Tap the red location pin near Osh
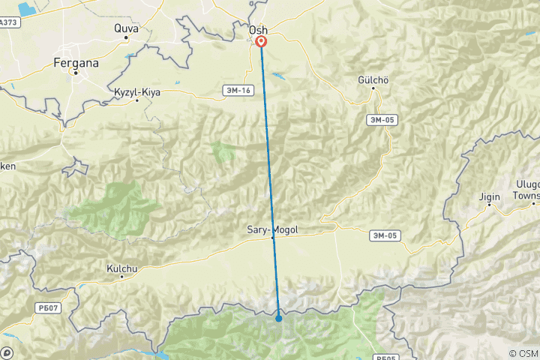[x=261, y=41]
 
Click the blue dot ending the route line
[x=279, y=318]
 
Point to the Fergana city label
[x=76, y=64]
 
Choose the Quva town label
[x=126, y=28]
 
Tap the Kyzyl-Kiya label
[x=137, y=92]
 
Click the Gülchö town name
[x=373, y=79]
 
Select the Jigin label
[x=490, y=196]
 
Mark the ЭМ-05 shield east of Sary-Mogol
[x=385, y=236]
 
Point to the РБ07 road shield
[x=46, y=307]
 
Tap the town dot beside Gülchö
[x=373, y=88]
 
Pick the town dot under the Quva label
[x=126, y=37]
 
